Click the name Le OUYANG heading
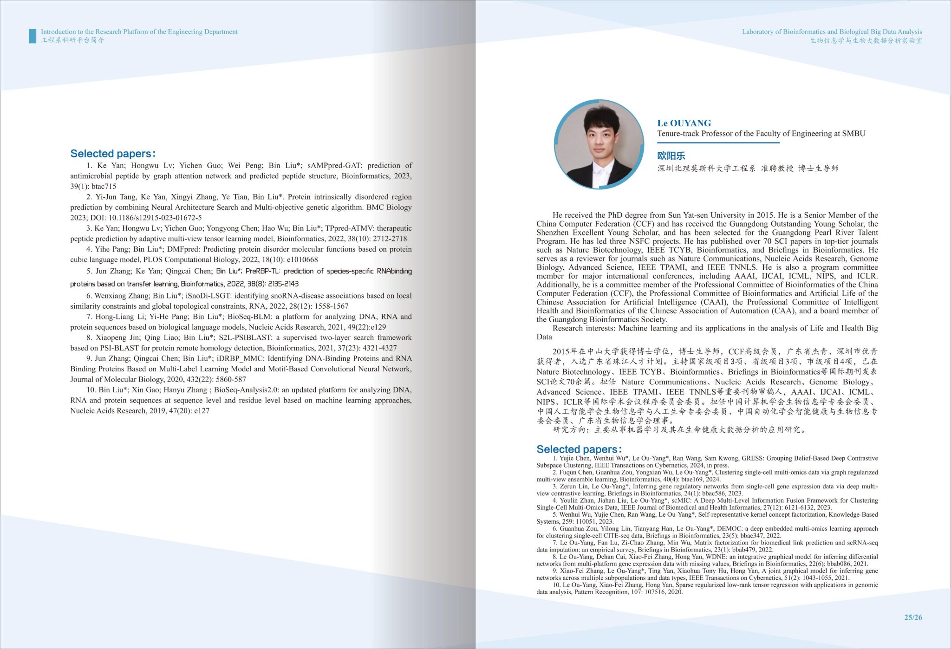click(684, 123)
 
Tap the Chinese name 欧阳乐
click(671, 156)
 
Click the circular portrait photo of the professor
click(599, 145)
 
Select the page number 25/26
click(913, 617)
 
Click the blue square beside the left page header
click(33, 36)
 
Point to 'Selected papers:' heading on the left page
click(113, 154)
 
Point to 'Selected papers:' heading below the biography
click(579, 449)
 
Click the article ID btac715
click(104, 187)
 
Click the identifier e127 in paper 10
click(202, 411)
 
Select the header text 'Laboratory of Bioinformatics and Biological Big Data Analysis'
click(832, 32)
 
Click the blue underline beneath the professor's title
click(718, 143)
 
